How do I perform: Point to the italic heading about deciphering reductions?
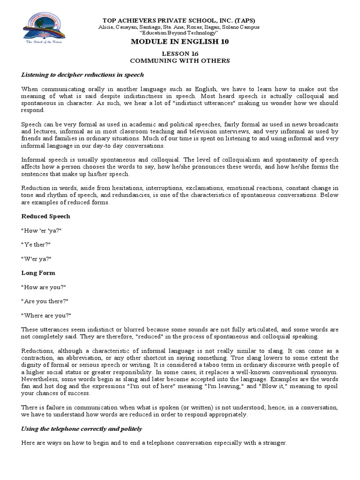[x=82, y=75]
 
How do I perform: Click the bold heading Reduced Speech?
[x=46, y=216]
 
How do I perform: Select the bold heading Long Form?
[x=38, y=272]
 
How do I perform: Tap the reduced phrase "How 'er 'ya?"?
[x=42, y=230]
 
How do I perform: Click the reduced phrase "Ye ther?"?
[x=37, y=244]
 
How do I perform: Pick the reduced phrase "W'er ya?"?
[x=37, y=258]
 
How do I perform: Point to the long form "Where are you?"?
[x=46, y=315]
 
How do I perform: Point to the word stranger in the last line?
[x=272, y=443]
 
